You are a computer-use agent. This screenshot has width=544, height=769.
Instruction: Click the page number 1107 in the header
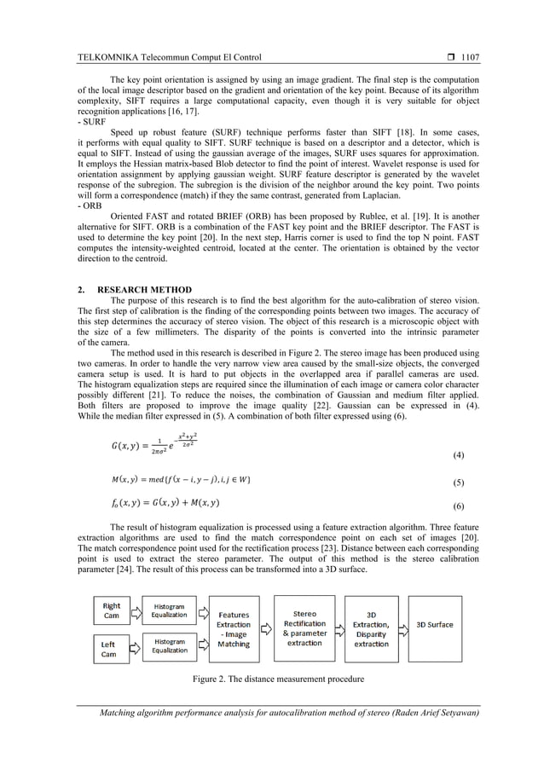(x=470, y=58)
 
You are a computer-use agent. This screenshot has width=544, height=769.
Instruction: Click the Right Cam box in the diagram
(x=111, y=611)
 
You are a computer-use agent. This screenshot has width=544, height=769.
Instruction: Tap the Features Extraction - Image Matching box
(x=234, y=629)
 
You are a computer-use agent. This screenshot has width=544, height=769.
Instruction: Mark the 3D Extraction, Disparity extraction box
(x=371, y=628)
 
